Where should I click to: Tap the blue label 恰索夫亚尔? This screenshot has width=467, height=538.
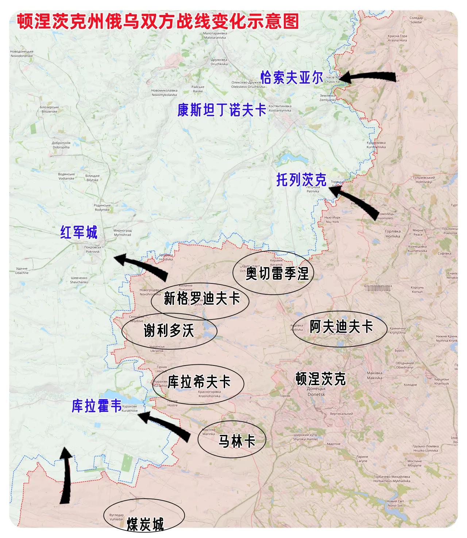[x=292, y=78]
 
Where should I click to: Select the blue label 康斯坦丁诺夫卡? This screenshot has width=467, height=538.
[x=222, y=110]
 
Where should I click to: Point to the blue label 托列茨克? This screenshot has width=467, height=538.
[x=301, y=179]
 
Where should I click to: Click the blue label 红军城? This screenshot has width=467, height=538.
[x=79, y=232]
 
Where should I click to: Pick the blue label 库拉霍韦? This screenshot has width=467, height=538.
[x=96, y=406]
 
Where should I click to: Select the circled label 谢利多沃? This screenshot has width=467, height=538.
[x=169, y=331]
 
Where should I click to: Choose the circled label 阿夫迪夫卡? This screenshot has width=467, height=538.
[x=341, y=326]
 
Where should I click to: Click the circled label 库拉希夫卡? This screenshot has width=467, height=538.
[x=199, y=382]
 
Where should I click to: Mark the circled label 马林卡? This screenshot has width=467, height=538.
[x=236, y=441]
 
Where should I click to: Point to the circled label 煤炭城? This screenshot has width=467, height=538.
[x=145, y=524]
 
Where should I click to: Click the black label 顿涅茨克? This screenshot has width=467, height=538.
[x=320, y=379]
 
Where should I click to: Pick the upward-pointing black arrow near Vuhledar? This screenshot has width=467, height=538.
[x=66, y=476]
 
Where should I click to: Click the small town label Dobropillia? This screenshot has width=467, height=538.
[x=61, y=145]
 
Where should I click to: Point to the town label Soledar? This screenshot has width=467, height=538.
[x=416, y=20]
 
